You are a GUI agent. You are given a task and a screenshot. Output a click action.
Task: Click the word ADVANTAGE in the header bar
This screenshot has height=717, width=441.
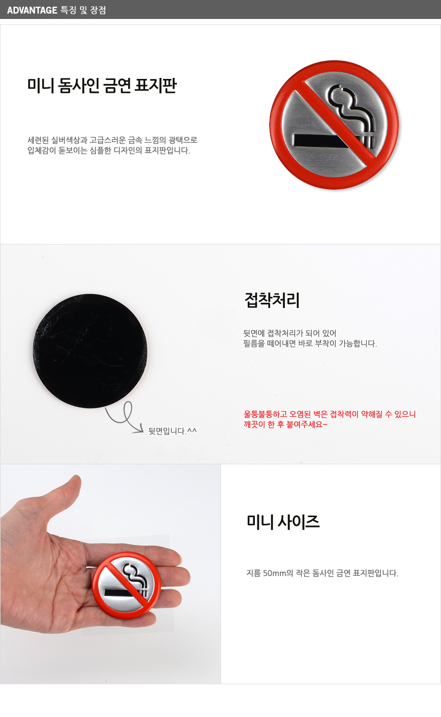[32, 10]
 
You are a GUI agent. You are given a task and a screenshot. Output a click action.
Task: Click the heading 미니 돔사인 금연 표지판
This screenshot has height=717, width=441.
[102, 86]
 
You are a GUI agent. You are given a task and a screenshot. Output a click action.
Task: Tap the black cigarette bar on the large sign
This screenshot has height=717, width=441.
[324, 141]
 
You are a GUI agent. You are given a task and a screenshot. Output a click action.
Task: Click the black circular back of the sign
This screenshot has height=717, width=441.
[90, 351]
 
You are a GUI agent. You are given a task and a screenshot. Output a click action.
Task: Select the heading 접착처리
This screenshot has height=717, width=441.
[272, 300]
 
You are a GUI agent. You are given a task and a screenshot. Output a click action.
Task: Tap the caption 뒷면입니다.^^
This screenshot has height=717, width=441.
[172, 431]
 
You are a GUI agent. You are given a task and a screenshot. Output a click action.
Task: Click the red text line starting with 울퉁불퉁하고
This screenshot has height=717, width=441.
[330, 414]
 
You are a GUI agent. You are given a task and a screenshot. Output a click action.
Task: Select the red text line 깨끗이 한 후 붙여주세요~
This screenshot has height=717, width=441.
[285, 424]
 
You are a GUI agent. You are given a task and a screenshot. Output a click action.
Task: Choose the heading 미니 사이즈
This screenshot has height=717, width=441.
[283, 522]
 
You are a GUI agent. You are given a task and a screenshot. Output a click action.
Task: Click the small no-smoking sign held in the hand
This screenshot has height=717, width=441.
[127, 585]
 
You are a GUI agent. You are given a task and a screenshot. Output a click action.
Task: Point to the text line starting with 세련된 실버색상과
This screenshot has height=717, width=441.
[112, 140]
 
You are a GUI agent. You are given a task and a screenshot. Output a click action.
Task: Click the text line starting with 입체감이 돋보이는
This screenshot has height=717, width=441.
[109, 150]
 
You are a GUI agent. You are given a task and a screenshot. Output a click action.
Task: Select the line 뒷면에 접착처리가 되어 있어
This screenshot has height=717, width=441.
[290, 333]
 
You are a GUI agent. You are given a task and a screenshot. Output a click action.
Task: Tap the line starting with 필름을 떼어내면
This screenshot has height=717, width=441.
[310, 343]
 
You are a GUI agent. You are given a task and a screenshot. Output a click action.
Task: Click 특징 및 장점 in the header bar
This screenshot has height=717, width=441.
[83, 10]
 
